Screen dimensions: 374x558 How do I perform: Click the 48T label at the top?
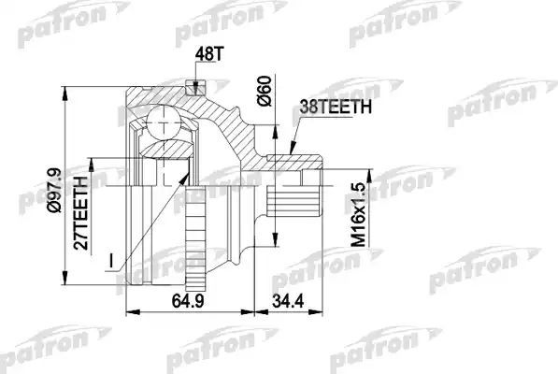207,58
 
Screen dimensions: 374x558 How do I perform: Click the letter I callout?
110,254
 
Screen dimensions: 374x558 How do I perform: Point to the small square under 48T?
195,90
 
